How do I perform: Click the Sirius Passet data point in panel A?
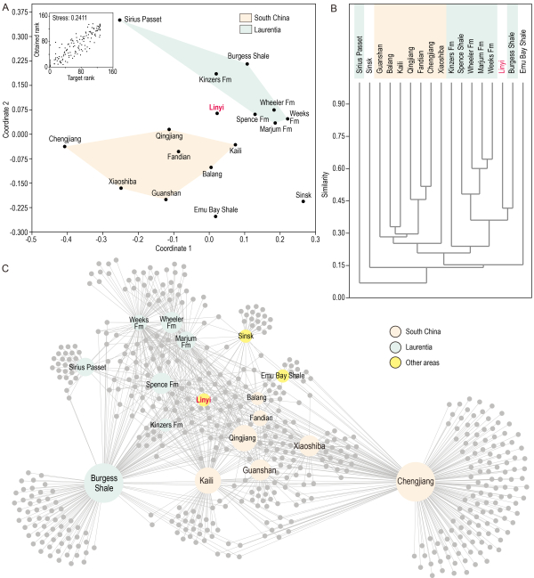click(x=119, y=19)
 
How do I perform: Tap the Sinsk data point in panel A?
click(x=303, y=201)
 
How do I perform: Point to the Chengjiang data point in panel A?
click(x=65, y=146)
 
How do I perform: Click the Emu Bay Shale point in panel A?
click(x=215, y=216)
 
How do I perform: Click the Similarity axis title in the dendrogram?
click(x=328, y=199)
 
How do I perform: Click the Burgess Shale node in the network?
click(x=104, y=483)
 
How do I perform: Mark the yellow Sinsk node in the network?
click(x=246, y=336)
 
